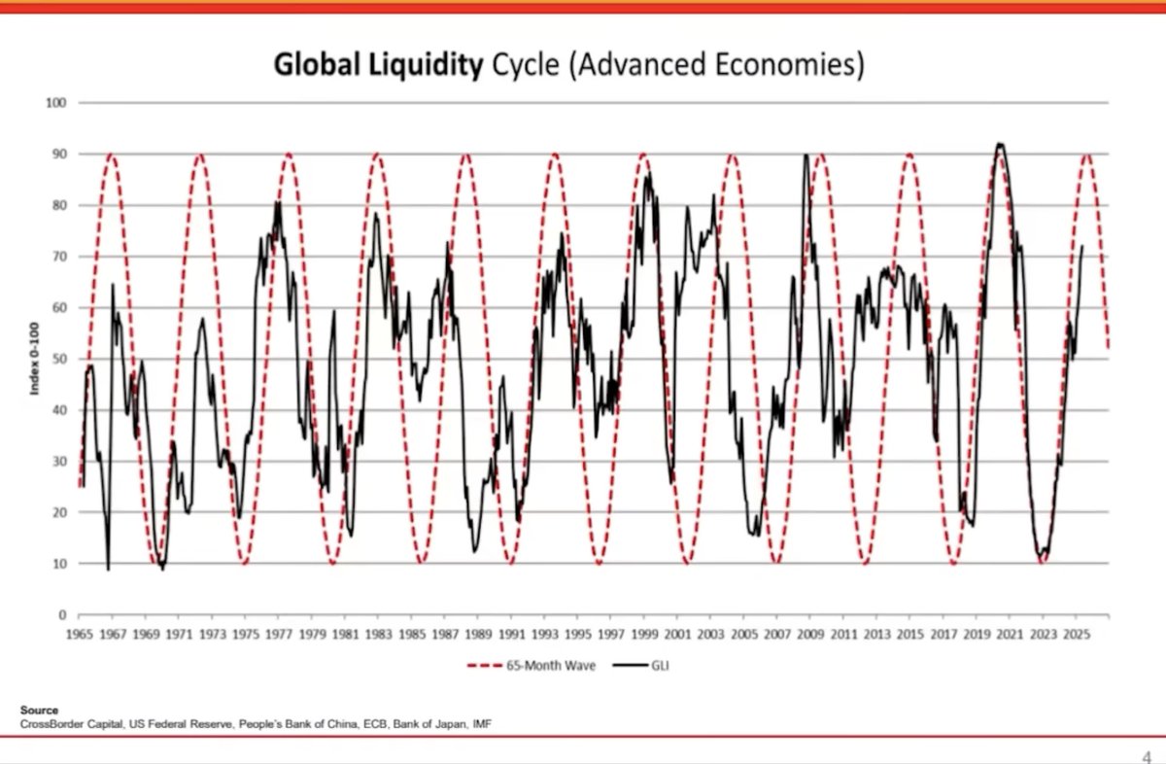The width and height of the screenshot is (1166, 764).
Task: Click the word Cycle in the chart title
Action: [527, 65]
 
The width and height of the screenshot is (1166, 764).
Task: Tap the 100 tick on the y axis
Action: [57, 103]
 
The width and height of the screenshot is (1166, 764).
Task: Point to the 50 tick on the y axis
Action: [60, 359]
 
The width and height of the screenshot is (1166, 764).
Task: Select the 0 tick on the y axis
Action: [63, 614]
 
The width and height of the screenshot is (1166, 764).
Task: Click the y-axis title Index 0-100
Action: [35, 359]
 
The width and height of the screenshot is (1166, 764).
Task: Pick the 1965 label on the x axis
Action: [79, 635]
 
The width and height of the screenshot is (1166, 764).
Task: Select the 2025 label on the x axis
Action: [1076, 635]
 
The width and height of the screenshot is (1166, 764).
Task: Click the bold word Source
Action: [39, 712]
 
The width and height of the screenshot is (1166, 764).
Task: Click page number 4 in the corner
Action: [1147, 755]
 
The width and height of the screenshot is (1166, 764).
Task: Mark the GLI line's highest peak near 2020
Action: [999, 144]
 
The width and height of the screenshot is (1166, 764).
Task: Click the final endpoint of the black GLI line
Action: [1082, 246]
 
